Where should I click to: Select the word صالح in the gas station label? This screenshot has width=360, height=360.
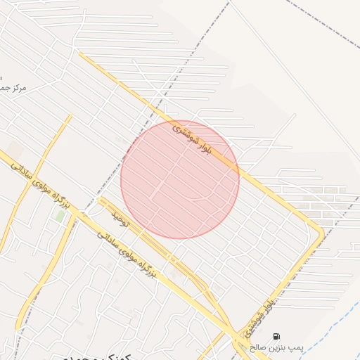(262, 347)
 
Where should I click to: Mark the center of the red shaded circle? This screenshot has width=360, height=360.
(180, 179)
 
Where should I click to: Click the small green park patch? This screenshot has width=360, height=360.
(60, 217)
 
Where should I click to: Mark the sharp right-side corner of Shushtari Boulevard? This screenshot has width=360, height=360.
(322, 232)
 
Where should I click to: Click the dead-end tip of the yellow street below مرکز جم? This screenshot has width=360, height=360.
(70, 116)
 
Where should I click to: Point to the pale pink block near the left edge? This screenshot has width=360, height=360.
(14, 149)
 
